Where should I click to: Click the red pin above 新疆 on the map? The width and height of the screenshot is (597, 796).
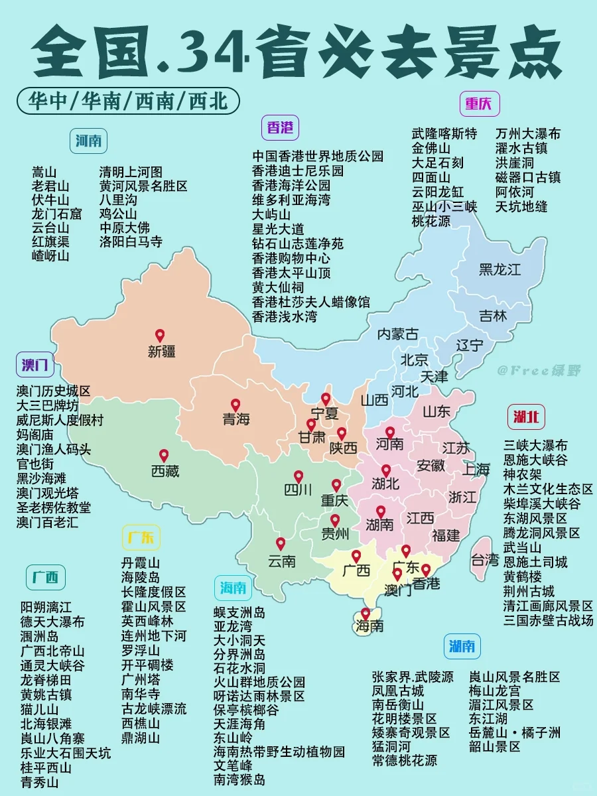point(159,336)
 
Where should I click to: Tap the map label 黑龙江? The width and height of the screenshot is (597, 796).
point(499,269)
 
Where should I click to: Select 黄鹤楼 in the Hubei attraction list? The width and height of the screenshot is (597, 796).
point(523,576)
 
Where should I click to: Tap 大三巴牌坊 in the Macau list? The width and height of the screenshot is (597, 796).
point(47,406)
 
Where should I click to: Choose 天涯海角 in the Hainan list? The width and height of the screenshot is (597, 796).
point(239,723)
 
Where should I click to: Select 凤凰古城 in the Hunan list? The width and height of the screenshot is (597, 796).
point(398,691)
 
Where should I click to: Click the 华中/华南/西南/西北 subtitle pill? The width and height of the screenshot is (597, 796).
point(129,101)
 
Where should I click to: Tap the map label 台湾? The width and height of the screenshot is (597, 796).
point(485,560)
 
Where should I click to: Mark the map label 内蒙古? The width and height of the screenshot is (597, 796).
point(398,334)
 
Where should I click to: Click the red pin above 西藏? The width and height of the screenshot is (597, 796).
point(164,456)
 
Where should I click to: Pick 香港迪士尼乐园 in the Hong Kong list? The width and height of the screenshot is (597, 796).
point(298,170)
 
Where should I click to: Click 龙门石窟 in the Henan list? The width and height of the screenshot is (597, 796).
point(57,214)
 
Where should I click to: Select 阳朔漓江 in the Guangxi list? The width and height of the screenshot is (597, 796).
point(46,607)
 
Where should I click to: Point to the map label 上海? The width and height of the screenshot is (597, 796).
point(476,470)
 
